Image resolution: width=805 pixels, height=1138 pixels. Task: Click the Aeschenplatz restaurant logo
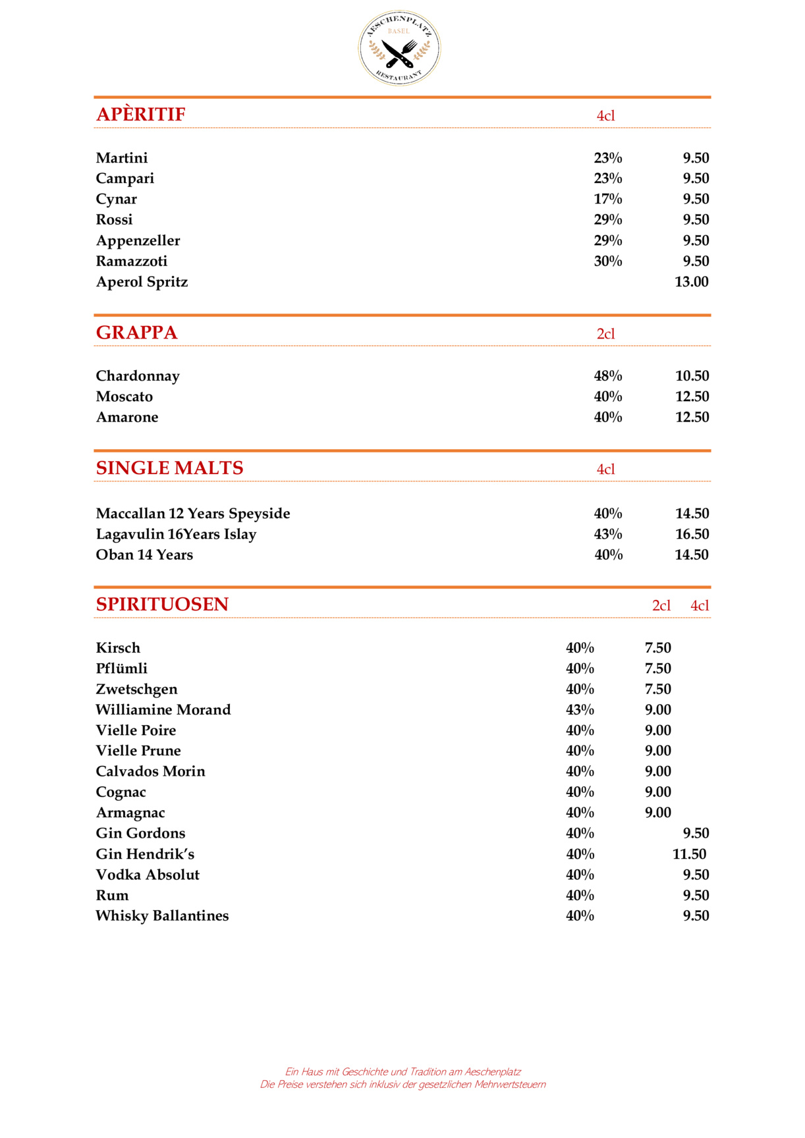tap(399, 48)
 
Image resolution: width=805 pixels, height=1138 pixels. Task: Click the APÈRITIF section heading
tap(141, 115)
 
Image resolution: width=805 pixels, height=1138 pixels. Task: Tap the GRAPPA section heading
tap(137, 333)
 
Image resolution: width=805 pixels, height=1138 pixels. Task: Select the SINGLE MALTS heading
tap(170, 468)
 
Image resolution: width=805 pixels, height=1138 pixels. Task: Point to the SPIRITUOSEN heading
tap(162, 605)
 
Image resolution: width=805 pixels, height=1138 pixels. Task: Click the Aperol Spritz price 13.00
tap(692, 282)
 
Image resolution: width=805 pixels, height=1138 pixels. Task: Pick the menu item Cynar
tap(117, 199)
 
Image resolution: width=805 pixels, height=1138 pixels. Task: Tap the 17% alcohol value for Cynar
tap(608, 199)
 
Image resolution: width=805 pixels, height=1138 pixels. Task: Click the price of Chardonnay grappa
tap(692, 376)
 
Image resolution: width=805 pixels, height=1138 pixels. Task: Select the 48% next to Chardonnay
tap(608, 376)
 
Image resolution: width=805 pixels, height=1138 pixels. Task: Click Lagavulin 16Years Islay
tap(176, 534)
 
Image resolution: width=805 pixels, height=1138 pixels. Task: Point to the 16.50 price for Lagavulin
tap(692, 534)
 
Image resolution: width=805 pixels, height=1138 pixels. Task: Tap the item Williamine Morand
tap(163, 710)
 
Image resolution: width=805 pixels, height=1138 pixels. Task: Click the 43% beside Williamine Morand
tap(580, 710)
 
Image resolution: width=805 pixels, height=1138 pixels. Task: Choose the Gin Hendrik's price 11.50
tap(689, 854)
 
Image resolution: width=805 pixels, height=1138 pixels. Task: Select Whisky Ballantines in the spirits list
tap(162, 916)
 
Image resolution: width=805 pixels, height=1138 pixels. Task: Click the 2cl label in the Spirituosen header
tap(661, 606)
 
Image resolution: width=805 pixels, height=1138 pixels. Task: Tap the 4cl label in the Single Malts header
tap(605, 470)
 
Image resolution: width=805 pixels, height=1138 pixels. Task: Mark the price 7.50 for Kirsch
tap(657, 648)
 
